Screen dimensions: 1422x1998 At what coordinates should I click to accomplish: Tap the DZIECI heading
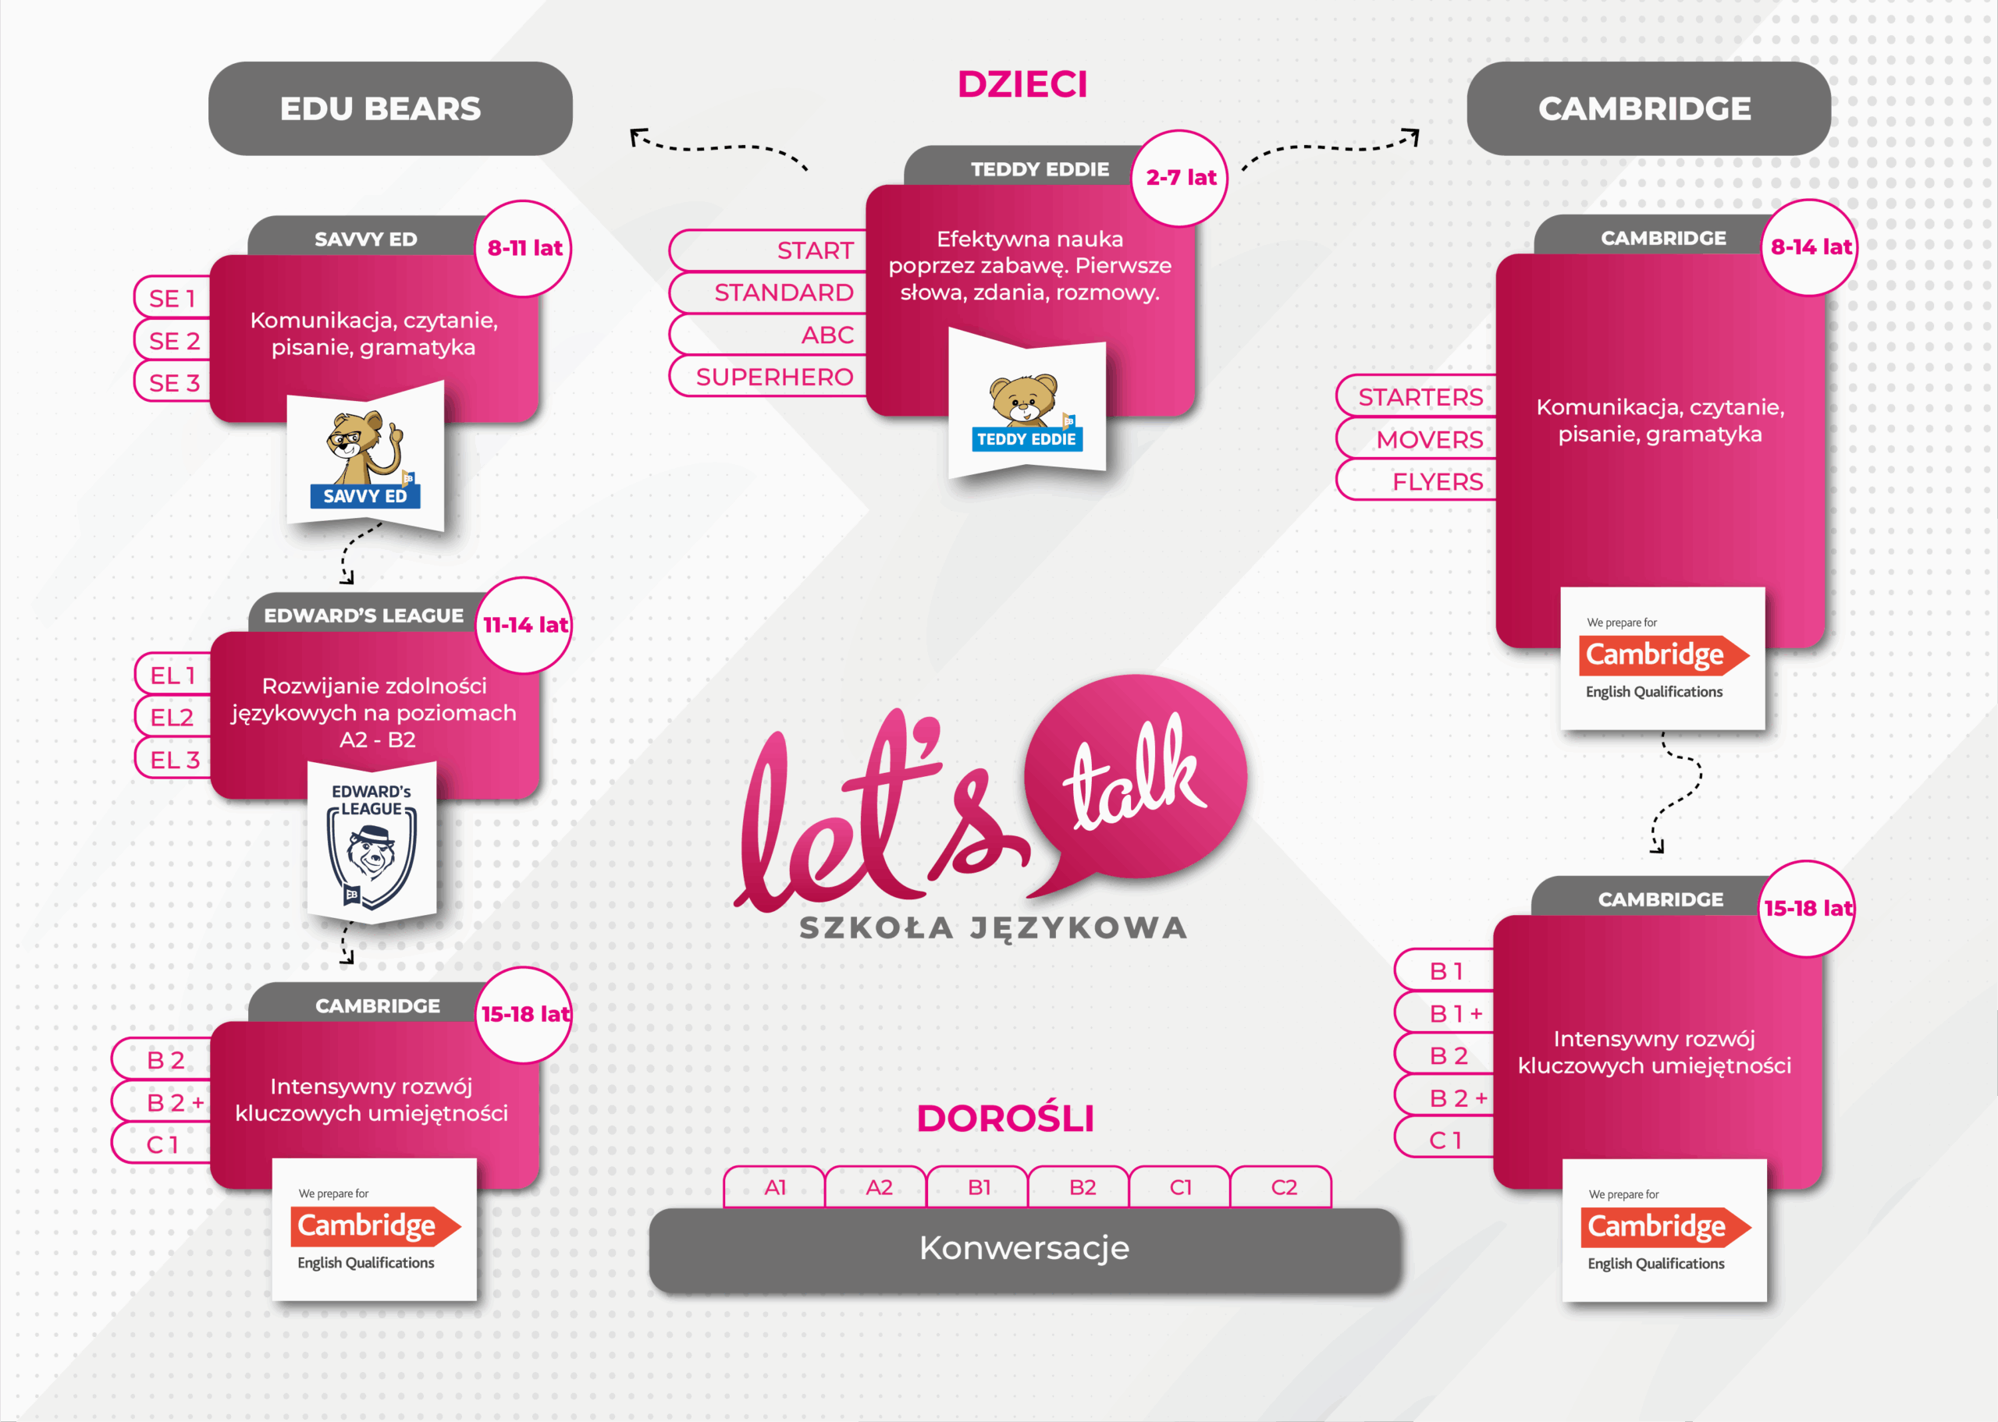point(1022,84)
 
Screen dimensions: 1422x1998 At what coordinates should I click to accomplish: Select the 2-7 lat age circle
point(1180,178)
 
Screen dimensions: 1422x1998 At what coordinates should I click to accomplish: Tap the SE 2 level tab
point(173,341)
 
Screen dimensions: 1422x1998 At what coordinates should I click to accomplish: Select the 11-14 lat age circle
point(524,625)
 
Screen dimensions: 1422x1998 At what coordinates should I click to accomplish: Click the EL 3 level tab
point(173,759)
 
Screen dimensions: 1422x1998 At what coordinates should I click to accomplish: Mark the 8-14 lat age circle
point(1810,247)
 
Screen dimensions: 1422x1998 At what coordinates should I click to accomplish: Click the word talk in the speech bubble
point(1133,775)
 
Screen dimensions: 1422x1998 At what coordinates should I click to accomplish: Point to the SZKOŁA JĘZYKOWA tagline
point(994,927)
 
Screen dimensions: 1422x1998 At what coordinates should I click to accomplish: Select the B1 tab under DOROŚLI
point(979,1187)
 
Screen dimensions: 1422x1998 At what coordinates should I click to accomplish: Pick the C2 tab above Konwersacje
point(1282,1187)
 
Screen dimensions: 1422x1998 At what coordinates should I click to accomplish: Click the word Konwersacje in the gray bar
point(1024,1248)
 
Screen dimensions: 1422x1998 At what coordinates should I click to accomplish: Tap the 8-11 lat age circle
point(524,249)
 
